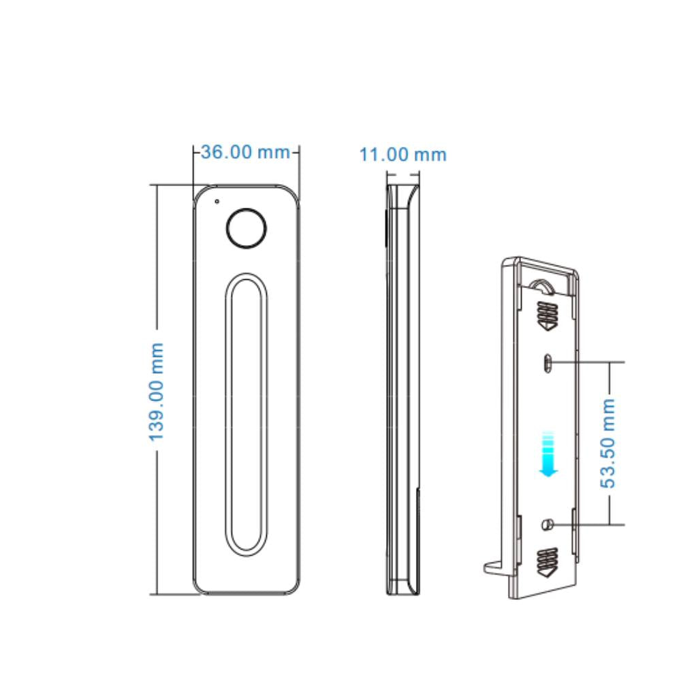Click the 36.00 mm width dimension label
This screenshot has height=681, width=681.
coord(246,152)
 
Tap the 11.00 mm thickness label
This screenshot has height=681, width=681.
coord(403,155)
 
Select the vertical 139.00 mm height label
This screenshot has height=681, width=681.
coord(157,392)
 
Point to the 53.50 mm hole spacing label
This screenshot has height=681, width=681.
coord(608,443)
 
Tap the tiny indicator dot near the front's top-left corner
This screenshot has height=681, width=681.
coord(217,201)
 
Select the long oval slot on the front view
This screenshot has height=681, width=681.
coord(246,413)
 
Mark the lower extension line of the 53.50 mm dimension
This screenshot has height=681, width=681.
coord(592,524)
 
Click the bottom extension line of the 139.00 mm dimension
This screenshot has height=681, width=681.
coord(174,594)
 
